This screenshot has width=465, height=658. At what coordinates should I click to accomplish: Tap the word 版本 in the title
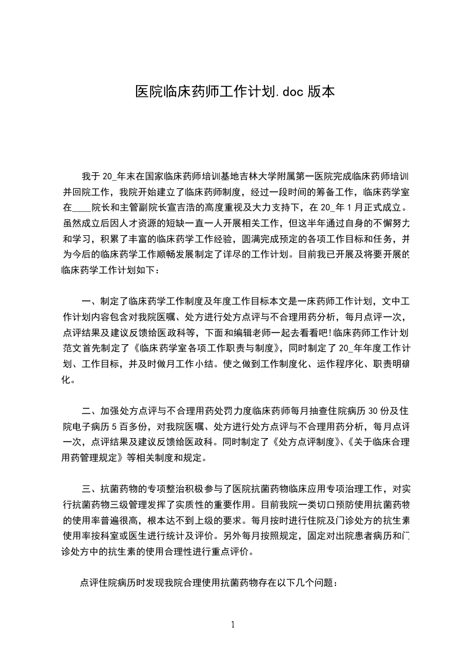pos(319,91)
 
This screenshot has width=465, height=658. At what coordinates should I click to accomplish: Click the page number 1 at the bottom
pos(233,624)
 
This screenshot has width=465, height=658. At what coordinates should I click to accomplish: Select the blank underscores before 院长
pos(82,207)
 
